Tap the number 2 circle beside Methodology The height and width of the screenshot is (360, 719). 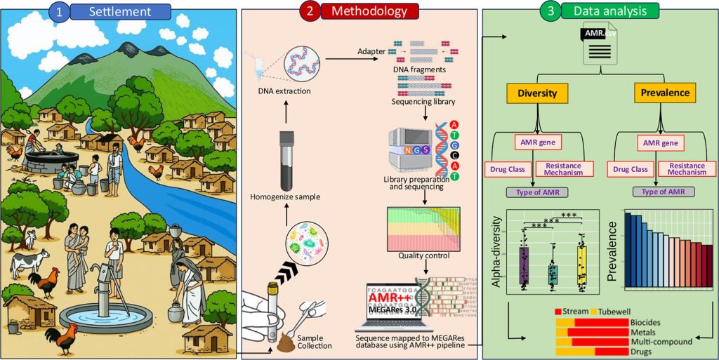click(x=308, y=11)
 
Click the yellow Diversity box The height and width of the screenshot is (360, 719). click(x=538, y=93)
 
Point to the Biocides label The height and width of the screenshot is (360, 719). click(x=645, y=322)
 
